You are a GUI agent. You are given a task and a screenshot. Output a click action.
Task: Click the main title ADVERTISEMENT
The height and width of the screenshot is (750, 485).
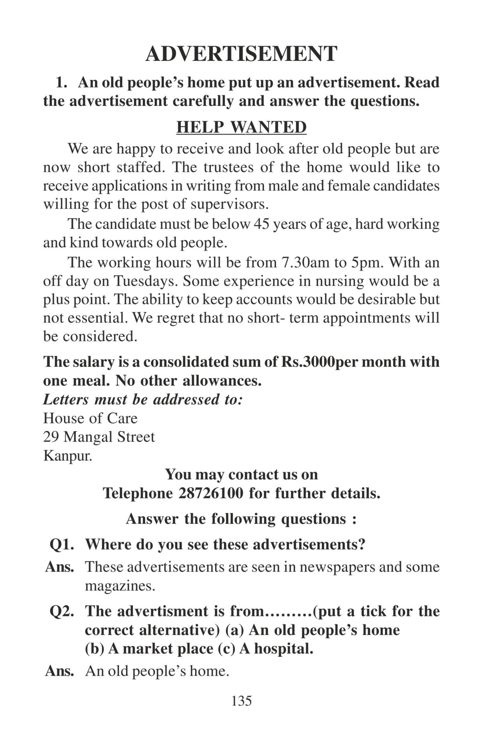[241, 54]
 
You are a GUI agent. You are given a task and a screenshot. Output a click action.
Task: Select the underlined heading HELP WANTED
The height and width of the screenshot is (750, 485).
[241, 127]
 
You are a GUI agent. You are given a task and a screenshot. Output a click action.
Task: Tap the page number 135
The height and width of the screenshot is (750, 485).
[241, 701]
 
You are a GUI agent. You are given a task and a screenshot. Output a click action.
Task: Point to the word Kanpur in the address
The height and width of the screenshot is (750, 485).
[67, 456]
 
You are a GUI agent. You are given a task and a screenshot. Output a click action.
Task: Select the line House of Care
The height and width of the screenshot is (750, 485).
[90, 418]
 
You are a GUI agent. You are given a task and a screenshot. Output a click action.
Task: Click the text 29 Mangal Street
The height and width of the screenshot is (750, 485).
[99, 437]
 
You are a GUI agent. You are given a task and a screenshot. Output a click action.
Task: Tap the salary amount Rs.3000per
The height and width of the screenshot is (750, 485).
[308, 362]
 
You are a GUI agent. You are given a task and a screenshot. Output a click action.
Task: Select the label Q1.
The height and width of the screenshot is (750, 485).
[62, 545]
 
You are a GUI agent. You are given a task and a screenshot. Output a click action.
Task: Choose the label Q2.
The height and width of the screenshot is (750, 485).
[62, 611]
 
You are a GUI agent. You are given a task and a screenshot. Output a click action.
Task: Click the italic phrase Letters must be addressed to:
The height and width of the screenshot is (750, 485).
[143, 400]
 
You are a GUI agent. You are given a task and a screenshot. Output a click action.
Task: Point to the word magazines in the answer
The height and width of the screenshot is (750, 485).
[119, 586]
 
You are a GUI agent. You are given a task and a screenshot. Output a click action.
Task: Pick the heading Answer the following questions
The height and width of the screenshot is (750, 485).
[241, 519]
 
